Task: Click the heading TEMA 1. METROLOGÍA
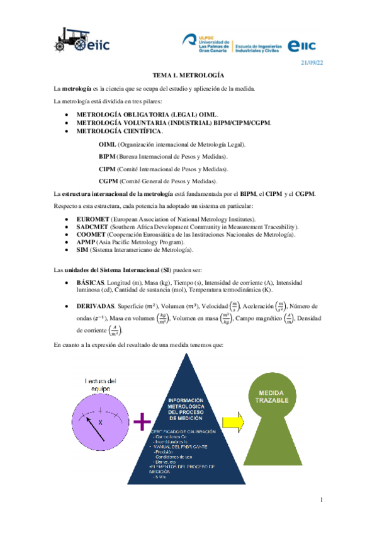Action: coord(188,74)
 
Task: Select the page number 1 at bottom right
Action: coord(320,499)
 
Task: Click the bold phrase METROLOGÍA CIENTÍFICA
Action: coord(119,131)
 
